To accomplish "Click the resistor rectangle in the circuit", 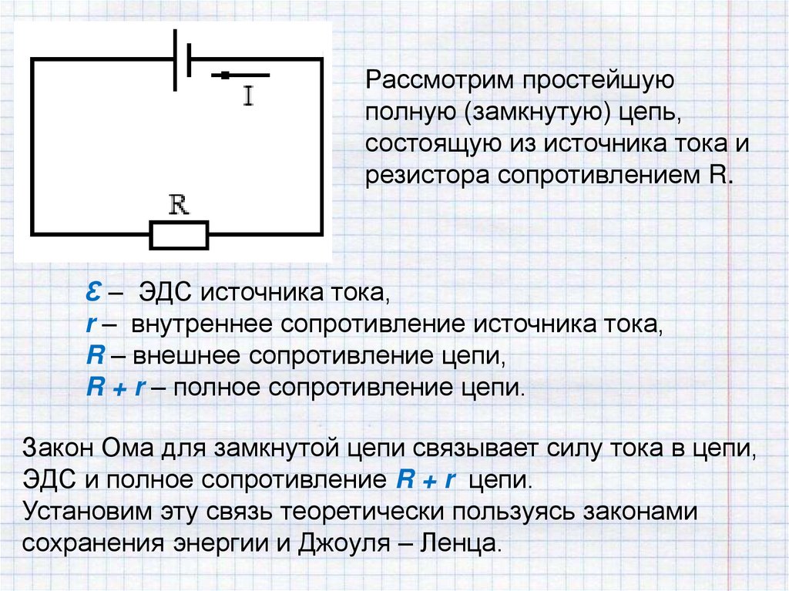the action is pos(179,234).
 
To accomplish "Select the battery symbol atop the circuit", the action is pos(182,59).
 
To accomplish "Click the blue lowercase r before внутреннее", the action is pos(89,324).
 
